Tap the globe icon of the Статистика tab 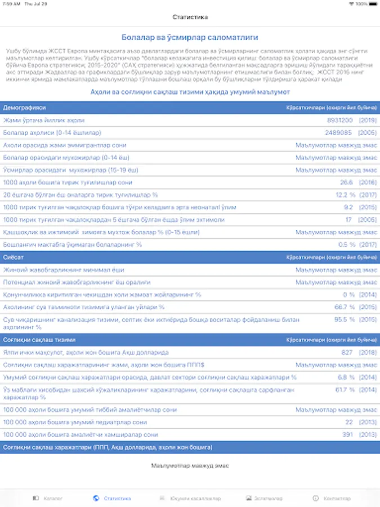[x=96, y=499]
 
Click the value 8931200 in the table [x=340, y=120]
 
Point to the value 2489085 [x=339, y=132]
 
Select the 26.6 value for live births [x=346, y=183]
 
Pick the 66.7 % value [x=345, y=307]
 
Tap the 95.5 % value [x=345, y=319]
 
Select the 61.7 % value [x=345, y=389]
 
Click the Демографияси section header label [x=24, y=107]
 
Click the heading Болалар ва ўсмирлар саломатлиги [x=190, y=37]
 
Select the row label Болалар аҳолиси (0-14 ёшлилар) [x=52, y=132]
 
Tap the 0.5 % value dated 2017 [x=346, y=244]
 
